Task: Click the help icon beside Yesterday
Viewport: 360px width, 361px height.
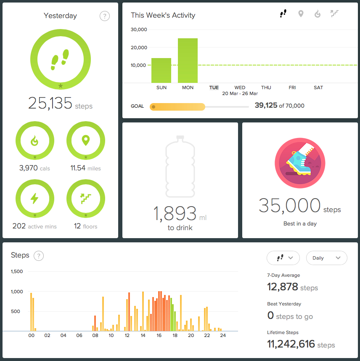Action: pyautogui.click(x=105, y=16)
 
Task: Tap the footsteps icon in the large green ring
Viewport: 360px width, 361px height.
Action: pyautogui.click(x=60, y=60)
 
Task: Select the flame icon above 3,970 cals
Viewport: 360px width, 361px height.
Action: pyautogui.click(x=34, y=141)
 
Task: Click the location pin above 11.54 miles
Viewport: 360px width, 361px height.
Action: pyautogui.click(x=86, y=141)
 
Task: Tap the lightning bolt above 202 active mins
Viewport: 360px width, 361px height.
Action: pyautogui.click(x=34, y=198)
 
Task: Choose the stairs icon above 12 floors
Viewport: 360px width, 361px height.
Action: pyautogui.click(x=86, y=199)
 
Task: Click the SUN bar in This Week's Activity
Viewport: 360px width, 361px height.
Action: pyautogui.click(x=161, y=70)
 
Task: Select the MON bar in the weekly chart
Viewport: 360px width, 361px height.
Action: pyautogui.click(x=188, y=61)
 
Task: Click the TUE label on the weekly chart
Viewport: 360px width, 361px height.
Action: pyautogui.click(x=214, y=88)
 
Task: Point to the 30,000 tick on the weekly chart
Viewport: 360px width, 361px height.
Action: pyautogui.click(x=139, y=29)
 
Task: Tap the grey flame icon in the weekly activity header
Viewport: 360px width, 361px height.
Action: pyautogui.click(x=318, y=14)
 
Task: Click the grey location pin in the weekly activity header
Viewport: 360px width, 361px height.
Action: pyautogui.click(x=301, y=14)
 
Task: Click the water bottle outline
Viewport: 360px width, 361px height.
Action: pyautogui.click(x=180, y=167)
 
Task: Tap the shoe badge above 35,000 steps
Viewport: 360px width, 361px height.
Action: pyautogui.click(x=300, y=163)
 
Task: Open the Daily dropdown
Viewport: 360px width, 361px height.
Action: pyautogui.click(x=326, y=258)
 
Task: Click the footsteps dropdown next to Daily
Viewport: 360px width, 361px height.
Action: pyautogui.click(x=283, y=258)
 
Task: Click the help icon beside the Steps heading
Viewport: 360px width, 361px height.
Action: pyautogui.click(x=39, y=256)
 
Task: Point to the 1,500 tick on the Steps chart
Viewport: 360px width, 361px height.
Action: pyautogui.click(x=17, y=271)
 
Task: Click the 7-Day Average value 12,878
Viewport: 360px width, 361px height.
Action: pyautogui.click(x=283, y=287)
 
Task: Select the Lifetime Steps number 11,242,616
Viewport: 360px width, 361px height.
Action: pyautogui.click(x=291, y=344)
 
